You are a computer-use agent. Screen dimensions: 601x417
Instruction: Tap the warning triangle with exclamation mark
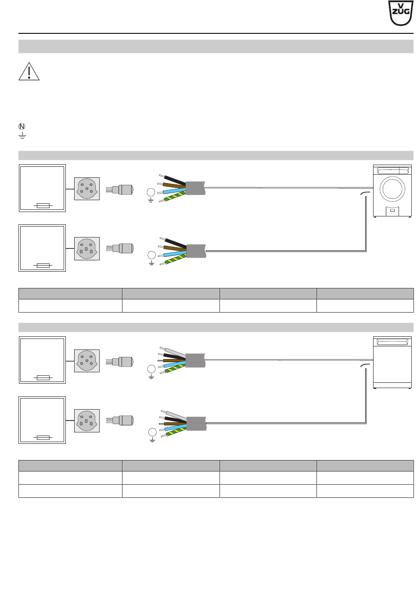29,72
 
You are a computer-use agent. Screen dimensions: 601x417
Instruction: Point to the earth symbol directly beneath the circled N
22,135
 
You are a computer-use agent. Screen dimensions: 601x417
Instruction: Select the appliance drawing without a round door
392,363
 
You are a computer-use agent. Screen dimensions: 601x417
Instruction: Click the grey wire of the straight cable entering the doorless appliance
176,352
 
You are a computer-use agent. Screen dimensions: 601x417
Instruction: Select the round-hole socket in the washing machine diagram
87,189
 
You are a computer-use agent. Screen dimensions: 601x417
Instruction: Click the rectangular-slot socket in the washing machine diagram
87,248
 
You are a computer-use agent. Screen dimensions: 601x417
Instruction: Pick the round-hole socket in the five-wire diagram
87,361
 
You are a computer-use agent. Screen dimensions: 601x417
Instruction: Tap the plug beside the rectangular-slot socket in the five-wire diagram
122,421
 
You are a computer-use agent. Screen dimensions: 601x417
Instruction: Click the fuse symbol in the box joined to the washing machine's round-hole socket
43,205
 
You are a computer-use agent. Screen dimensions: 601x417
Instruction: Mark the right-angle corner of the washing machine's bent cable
366,251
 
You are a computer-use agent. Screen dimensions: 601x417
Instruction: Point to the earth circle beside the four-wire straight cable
151,192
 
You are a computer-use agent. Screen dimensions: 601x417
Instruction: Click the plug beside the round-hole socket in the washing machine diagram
122,189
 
